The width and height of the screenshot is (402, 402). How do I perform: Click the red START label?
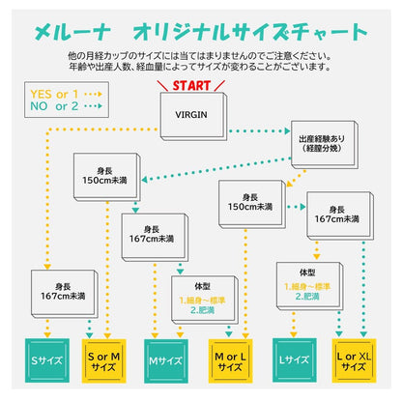191,86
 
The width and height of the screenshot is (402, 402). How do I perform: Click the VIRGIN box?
193,116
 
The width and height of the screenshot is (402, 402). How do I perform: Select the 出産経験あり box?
324,145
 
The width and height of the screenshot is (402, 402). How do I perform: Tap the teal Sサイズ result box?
47,360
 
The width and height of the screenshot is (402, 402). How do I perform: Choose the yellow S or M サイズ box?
103,361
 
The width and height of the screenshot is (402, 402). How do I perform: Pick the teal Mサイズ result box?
166,361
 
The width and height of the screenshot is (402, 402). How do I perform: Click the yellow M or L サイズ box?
230,361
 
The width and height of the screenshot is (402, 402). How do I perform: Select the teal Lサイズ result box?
295,360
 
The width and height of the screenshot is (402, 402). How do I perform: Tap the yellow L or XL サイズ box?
354,360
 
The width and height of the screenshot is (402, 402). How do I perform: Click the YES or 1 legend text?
54,95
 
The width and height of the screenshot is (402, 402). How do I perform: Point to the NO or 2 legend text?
54,106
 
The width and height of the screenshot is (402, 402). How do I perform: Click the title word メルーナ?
72,33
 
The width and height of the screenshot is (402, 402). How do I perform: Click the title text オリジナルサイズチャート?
250,32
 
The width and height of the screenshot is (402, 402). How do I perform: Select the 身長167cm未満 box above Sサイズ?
65,294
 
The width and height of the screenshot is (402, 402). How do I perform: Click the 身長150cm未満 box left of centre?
107,178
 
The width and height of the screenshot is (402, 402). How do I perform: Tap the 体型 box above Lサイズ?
309,286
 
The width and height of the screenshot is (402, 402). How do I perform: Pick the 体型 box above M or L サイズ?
205,300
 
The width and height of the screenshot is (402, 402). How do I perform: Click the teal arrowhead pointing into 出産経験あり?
287,131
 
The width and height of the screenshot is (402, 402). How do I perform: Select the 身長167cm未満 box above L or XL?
340,215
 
